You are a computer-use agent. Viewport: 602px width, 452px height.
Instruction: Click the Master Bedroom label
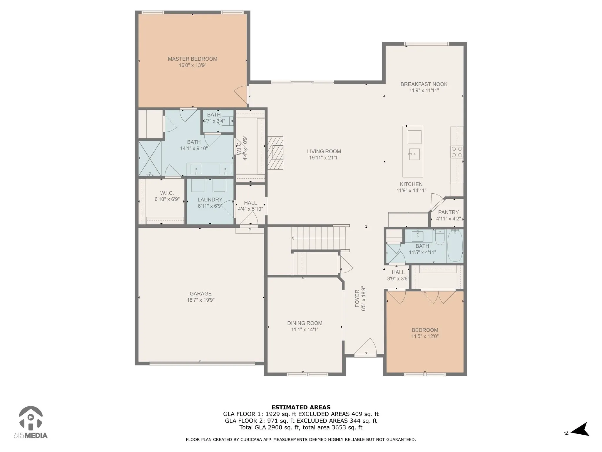point(193,59)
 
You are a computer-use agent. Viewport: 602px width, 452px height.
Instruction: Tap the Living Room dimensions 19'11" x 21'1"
point(324,158)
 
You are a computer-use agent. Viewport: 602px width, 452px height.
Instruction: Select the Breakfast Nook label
point(424,84)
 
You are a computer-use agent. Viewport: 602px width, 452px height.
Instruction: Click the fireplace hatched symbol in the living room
point(275,153)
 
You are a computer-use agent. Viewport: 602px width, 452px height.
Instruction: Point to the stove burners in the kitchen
point(457,152)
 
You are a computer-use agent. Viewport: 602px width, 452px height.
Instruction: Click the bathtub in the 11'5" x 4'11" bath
point(455,246)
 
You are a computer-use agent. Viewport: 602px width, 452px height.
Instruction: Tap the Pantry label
point(448,212)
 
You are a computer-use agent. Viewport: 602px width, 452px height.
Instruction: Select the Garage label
point(200,294)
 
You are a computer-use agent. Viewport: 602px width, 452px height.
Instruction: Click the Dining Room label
point(305,323)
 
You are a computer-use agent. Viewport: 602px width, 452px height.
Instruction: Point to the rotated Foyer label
point(357,298)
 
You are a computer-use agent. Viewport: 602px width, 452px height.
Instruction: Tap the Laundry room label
point(210,200)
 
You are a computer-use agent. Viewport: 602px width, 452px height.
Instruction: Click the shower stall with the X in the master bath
point(150,159)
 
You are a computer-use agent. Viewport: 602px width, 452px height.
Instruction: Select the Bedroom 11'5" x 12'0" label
point(425,330)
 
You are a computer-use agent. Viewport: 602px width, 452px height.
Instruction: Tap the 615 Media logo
point(31,422)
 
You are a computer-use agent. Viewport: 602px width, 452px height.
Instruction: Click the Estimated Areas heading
point(301,408)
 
